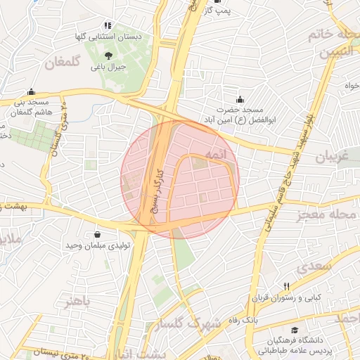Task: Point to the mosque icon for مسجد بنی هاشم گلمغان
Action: pyautogui.click(x=30, y=92)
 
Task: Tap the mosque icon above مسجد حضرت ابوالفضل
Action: pyautogui.click(x=240, y=99)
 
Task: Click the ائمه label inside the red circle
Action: pyautogui.click(x=216, y=153)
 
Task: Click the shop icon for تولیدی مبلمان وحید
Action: pyautogui.click(x=97, y=234)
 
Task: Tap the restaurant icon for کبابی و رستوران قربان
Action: pyautogui.click(x=286, y=286)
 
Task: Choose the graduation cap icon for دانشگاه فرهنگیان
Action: pyautogui.click(x=295, y=330)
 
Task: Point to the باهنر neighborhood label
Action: pyautogui.click(x=77, y=302)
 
